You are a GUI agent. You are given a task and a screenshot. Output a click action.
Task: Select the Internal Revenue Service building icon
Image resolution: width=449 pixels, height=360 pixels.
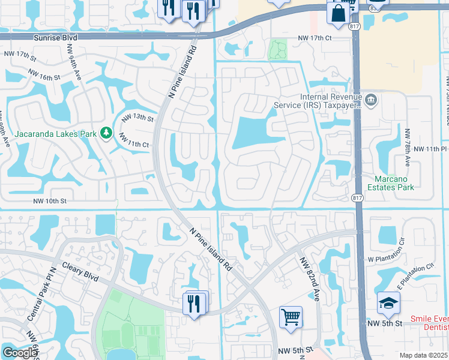tap(371, 98)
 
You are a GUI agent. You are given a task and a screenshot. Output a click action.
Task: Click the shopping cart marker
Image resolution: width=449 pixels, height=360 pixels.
tap(291, 316)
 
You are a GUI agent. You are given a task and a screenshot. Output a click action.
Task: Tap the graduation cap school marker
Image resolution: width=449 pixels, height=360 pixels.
tap(388, 302)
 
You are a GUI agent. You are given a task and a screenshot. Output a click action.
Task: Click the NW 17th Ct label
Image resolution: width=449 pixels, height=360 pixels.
tap(315, 38)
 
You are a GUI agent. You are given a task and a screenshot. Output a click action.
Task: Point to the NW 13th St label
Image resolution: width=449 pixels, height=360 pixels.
tap(139, 118)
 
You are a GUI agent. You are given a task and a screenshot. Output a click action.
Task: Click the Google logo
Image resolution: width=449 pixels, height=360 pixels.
tap(19, 352)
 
